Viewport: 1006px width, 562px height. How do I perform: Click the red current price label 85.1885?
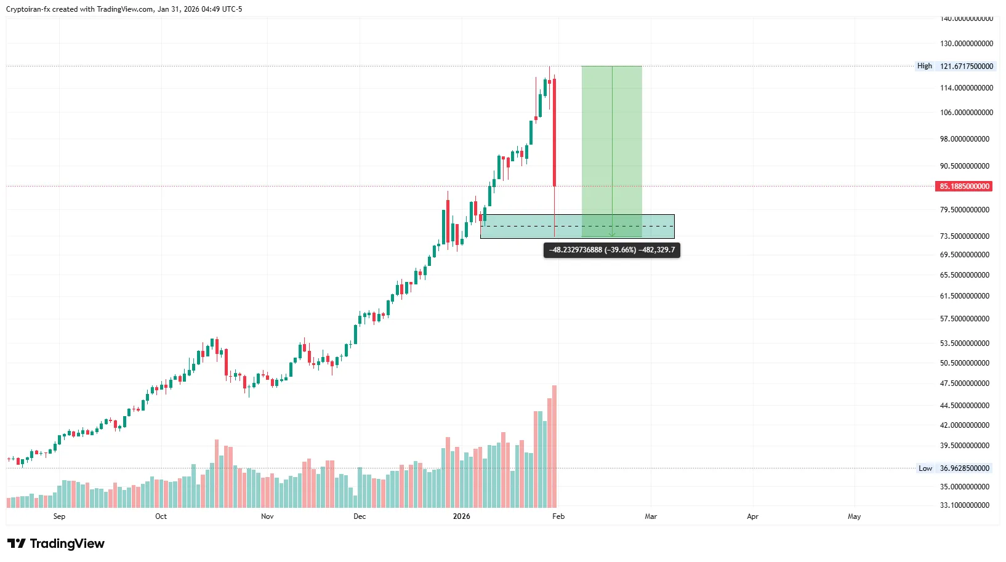[964, 187]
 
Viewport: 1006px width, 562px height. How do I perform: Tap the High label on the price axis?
[924, 66]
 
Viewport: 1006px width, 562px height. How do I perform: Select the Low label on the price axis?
[925, 468]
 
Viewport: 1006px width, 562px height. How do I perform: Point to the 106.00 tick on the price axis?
[966, 113]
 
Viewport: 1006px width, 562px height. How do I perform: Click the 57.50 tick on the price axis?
[964, 319]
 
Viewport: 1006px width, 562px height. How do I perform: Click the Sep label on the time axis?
[59, 516]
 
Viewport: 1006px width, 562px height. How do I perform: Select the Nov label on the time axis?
[267, 516]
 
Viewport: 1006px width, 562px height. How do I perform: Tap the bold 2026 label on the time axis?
[461, 516]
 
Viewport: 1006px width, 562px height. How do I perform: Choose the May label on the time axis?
[854, 516]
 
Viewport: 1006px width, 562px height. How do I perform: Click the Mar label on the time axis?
[651, 516]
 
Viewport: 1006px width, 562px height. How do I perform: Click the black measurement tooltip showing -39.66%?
[612, 250]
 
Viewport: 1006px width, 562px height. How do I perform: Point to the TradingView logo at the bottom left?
[56, 544]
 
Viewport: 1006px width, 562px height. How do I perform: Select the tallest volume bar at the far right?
[554, 446]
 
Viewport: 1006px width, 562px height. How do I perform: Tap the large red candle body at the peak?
[555, 132]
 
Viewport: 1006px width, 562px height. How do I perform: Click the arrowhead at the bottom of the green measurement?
[612, 235]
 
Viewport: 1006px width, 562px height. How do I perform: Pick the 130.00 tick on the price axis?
[966, 44]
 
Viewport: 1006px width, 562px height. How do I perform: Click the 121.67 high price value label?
[966, 66]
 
